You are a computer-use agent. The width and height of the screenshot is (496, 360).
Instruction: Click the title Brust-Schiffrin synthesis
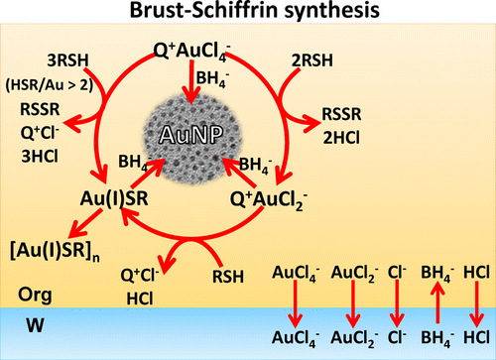[x=247, y=13]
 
